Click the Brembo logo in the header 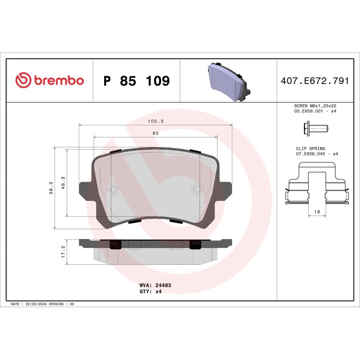click(x=49, y=80)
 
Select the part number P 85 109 click(x=136, y=81)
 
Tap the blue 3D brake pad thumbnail click(x=228, y=81)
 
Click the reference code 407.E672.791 click(x=315, y=81)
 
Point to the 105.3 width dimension click(x=156, y=122)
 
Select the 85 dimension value click(x=156, y=133)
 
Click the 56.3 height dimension click(x=51, y=188)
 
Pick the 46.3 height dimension click(x=63, y=183)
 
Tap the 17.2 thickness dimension click(x=63, y=252)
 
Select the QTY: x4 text click(x=150, y=292)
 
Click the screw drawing click(x=316, y=128)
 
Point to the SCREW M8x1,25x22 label click(x=315, y=106)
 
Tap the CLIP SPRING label click(x=310, y=148)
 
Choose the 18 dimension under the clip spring click(x=317, y=212)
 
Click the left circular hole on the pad click(x=114, y=188)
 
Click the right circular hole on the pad click(x=197, y=188)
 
